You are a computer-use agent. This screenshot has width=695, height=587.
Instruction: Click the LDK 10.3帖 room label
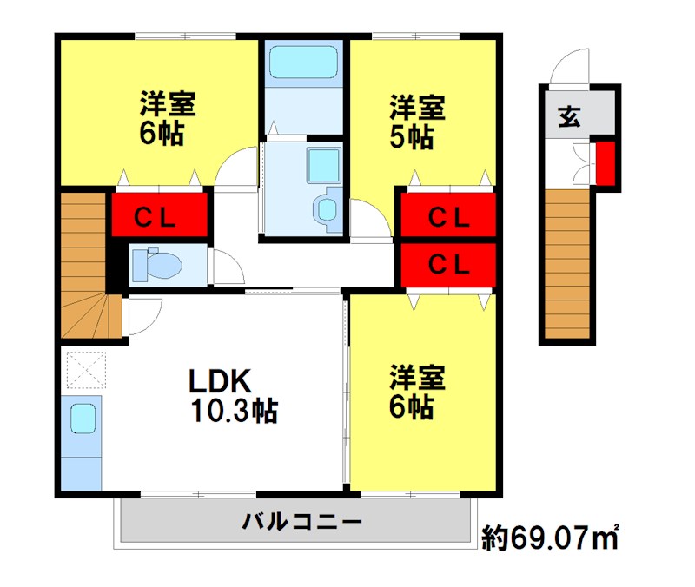click(228, 395)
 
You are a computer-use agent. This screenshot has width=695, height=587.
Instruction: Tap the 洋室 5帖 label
click(417, 122)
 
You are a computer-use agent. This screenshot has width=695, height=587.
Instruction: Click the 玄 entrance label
click(569, 114)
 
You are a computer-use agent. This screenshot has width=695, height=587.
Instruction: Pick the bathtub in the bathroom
click(304, 63)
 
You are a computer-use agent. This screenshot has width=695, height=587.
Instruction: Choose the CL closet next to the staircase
click(161, 214)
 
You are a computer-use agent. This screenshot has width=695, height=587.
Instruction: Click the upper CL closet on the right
click(447, 214)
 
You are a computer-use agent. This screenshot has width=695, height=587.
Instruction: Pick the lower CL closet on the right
click(447, 263)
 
